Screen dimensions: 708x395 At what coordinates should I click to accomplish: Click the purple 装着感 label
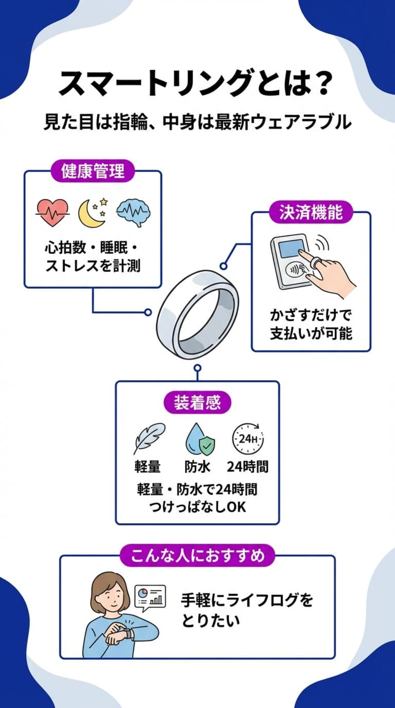pos(197,402)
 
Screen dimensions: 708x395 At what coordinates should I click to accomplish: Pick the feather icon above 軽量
pos(149,438)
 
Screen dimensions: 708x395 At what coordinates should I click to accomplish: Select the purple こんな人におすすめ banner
pos(197,556)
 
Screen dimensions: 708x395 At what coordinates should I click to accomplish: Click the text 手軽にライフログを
pos(247,600)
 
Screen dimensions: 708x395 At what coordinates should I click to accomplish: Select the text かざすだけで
pos(311,315)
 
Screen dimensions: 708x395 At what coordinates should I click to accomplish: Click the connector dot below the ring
pos(197,368)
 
